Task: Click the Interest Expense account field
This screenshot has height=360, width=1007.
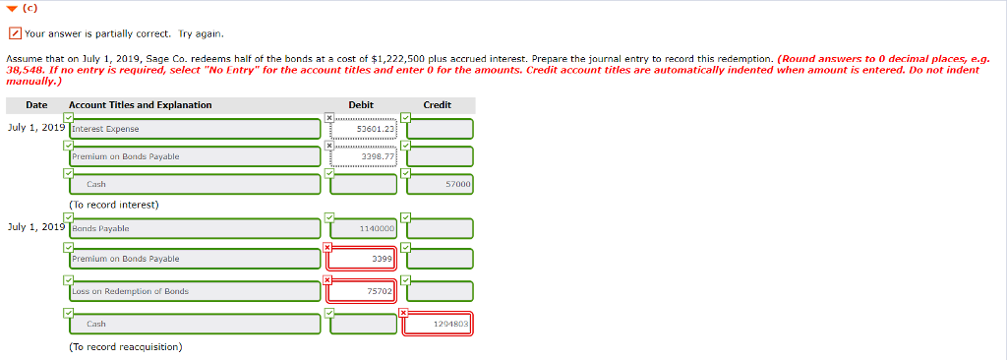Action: point(195,129)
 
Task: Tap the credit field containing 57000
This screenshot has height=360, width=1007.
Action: point(440,184)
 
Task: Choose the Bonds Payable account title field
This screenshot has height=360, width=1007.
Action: point(195,229)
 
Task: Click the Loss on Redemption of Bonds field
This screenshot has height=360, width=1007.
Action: point(195,291)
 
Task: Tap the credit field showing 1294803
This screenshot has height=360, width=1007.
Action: point(440,324)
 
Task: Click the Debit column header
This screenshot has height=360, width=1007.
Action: point(361,105)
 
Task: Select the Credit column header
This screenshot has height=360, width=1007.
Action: point(437,105)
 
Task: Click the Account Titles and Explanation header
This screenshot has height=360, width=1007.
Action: point(140,105)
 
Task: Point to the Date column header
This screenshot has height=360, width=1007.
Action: point(36,105)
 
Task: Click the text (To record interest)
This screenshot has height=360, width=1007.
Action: point(114,205)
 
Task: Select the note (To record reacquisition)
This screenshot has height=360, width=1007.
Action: point(125,346)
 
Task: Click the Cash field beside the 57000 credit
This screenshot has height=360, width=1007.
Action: point(195,184)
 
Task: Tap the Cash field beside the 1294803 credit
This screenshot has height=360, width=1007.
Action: point(195,324)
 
